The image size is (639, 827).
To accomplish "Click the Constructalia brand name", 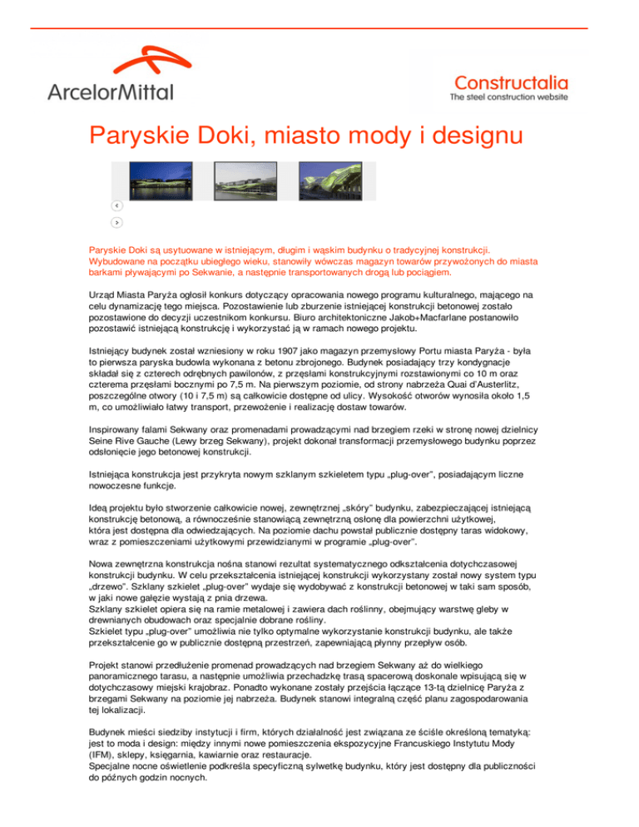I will pos(511,82).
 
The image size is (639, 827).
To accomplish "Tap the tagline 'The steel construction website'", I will pos(508,97).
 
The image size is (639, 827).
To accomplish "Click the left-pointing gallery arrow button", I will pos(117,206).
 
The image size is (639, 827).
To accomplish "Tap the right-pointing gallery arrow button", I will pos(117,222).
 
